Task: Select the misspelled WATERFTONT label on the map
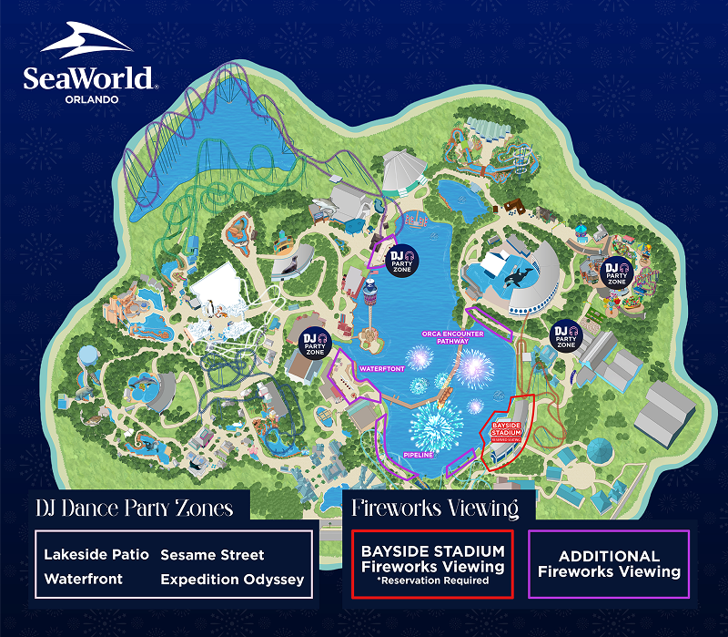(379, 369)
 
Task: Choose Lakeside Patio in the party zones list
(96, 554)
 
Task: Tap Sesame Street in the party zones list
(212, 554)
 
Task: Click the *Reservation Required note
(432, 580)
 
